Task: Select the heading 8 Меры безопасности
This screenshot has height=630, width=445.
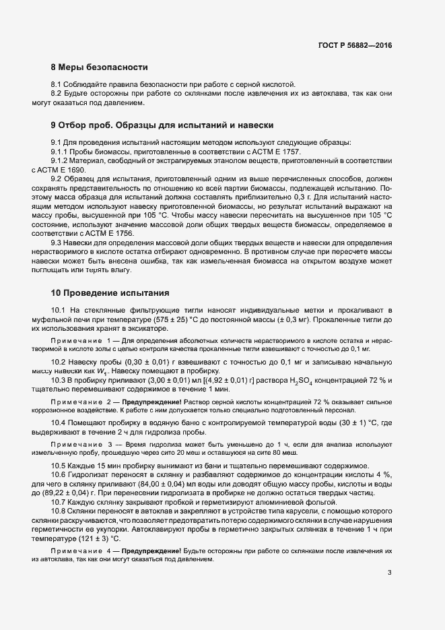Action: (x=99, y=67)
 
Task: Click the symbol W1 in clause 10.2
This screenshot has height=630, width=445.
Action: (x=102, y=371)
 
